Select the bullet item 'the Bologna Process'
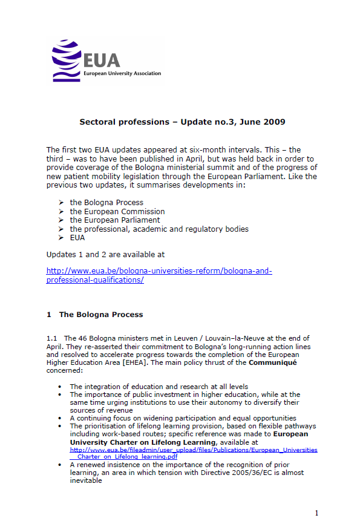106,203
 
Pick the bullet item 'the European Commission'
117,212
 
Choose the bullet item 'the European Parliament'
115,220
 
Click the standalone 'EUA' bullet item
77,238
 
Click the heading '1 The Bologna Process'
95,315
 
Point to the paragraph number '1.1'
52,338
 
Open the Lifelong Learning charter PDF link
194,453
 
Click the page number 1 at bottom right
316,514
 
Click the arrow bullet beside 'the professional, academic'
62,229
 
